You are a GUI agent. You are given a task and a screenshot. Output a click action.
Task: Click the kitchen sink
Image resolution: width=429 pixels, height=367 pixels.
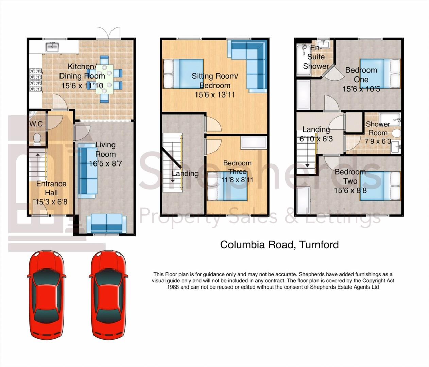tap(52, 47)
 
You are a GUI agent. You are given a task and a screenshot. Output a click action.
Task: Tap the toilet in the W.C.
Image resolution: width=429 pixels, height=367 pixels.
tap(37, 139)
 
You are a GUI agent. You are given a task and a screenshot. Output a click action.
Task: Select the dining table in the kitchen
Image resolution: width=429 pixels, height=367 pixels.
tap(104, 79)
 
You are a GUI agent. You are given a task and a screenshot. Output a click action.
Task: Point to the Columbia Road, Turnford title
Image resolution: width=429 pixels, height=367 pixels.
tap(279, 245)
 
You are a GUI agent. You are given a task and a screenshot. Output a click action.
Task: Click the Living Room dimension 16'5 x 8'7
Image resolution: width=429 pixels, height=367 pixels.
tap(105, 163)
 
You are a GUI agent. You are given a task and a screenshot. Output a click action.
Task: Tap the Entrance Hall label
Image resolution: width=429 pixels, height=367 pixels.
tap(51, 188)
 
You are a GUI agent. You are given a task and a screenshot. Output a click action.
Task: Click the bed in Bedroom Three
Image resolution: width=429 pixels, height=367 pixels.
tap(227, 186)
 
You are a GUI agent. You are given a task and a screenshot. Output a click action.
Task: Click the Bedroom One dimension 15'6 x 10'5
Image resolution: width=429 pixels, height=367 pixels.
tap(361, 89)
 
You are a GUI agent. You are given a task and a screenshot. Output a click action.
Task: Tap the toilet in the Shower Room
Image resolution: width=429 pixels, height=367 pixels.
tap(396, 134)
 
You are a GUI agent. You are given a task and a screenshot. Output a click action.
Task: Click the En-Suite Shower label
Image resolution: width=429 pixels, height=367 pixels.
tap(316, 57)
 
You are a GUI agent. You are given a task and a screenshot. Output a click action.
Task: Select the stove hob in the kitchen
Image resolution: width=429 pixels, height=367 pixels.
tap(35, 80)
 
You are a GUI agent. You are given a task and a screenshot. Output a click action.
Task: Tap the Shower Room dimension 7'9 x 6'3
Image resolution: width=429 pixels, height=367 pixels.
tap(378, 141)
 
